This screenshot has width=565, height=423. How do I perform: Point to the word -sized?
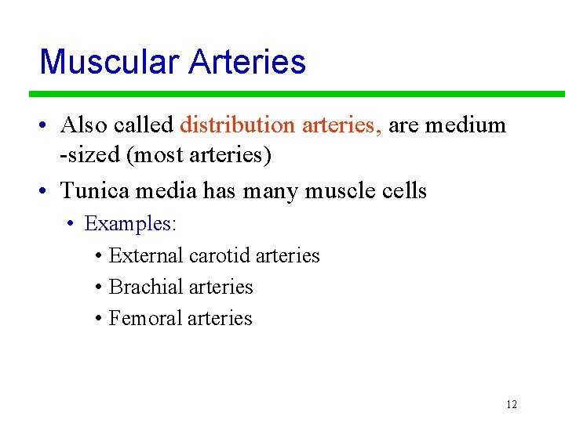click(89, 155)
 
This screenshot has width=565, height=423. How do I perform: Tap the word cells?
click(401, 190)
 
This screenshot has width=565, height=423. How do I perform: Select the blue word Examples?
click(131, 223)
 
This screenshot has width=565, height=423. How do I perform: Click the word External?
click(147, 255)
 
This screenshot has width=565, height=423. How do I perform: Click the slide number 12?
click(512, 405)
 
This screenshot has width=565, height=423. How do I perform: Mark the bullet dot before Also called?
click(47, 125)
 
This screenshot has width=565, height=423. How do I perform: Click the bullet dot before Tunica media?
click(47, 191)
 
